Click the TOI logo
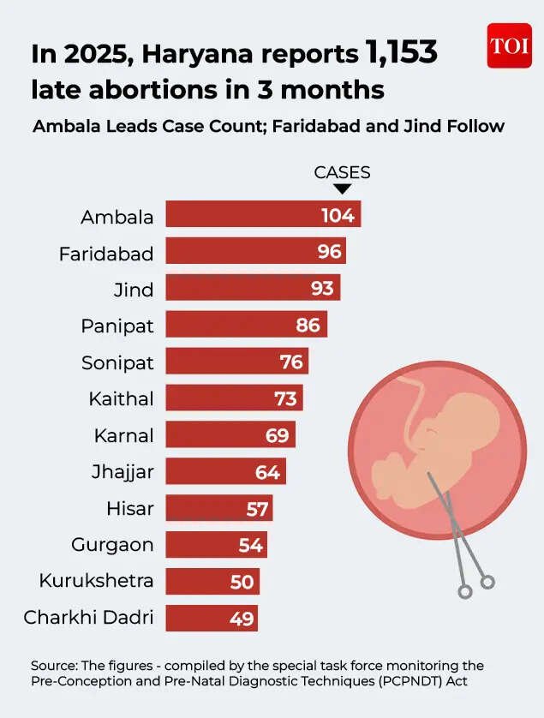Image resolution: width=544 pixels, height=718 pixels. [x=509, y=45]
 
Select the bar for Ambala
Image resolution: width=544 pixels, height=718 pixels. [x=263, y=215]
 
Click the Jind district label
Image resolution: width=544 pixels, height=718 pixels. [x=134, y=290]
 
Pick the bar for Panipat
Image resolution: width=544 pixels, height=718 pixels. [x=246, y=325]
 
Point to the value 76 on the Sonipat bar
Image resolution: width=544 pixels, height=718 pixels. [x=291, y=362]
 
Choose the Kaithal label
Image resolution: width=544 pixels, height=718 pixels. [x=121, y=398]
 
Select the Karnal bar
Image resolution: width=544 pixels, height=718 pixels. [x=230, y=434]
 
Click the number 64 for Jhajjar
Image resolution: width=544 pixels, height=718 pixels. [x=267, y=471]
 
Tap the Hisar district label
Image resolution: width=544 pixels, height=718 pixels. [x=130, y=508]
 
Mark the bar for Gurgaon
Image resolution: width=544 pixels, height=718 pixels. [x=216, y=544]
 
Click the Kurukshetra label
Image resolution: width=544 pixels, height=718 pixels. [x=96, y=581]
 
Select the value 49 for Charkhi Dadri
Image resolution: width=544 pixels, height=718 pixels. [x=242, y=618]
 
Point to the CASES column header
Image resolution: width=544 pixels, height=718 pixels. [x=342, y=172]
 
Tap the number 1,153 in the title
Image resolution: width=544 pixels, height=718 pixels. [x=401, y=53]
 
